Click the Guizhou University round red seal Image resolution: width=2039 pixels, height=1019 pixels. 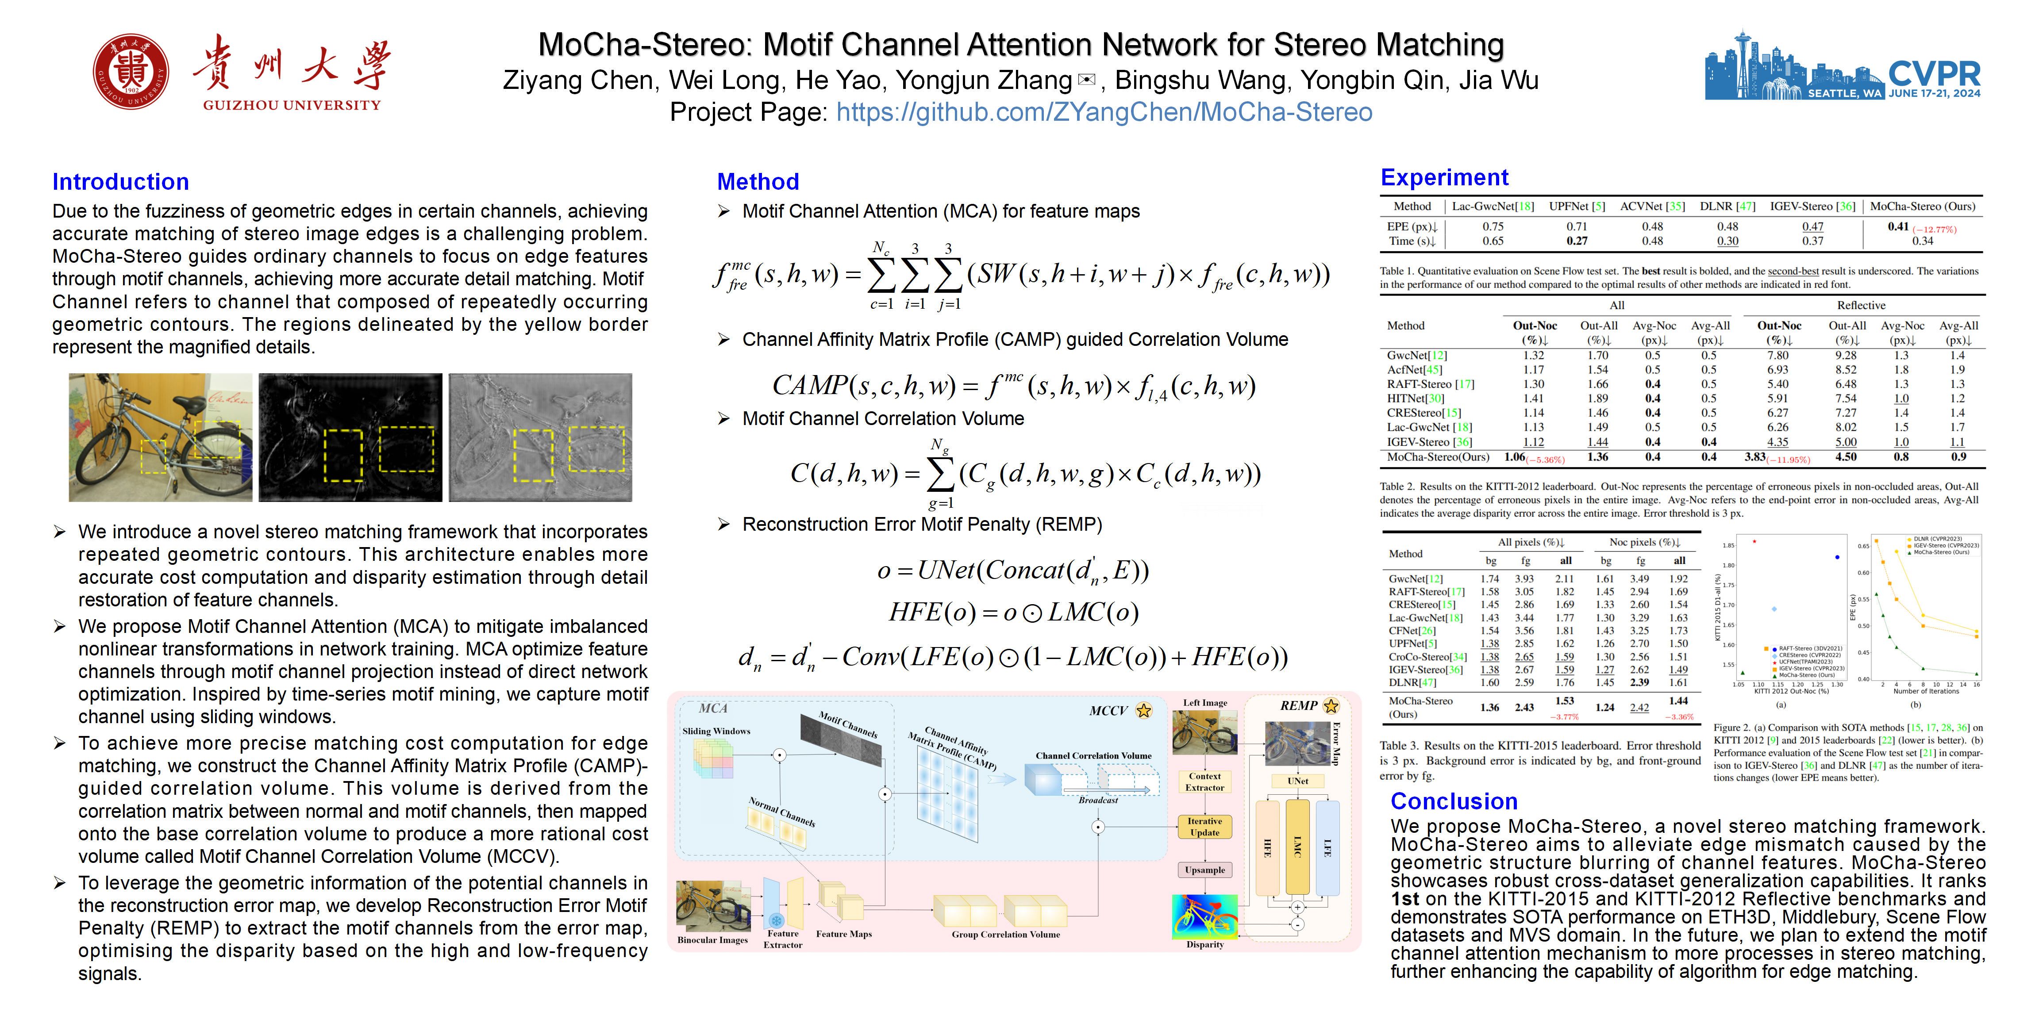coord(131,71)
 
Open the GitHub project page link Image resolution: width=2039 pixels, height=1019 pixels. coord(1104,112)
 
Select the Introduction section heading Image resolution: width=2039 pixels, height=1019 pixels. coord(120,182)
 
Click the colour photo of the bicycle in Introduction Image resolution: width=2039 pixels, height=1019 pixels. coord(161,437)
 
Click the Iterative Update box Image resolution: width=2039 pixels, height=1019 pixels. coord(1205,827)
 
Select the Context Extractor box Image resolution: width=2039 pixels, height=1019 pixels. coord(1205,781)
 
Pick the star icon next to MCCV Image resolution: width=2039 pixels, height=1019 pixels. coord(1144,710)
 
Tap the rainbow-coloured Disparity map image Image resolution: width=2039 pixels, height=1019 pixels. coord(1205,916)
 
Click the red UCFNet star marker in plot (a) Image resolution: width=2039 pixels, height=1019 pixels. coord(1755,542)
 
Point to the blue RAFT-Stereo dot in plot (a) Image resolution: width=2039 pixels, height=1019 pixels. coord(1837,557)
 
